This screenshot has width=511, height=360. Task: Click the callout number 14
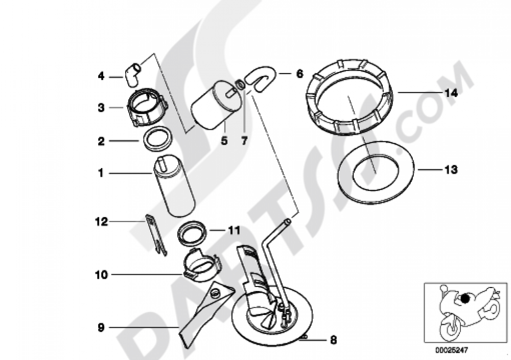click(x=451, y=93)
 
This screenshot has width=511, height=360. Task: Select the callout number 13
click(x=451, y=170)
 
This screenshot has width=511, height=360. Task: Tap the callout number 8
click(x=333, y=340)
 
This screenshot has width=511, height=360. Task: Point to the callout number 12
click(x=101, y=222)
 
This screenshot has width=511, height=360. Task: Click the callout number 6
click(x=299, y=74)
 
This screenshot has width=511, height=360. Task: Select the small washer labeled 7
click(x=240, y=85)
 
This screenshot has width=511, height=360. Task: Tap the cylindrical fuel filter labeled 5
click(x=217, y=105)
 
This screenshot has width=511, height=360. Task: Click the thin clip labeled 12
click(x=156, y=234)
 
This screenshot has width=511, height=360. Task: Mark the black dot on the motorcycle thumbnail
click(x=466, y=298)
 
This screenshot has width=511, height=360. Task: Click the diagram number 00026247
click(x=452, y=350)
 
